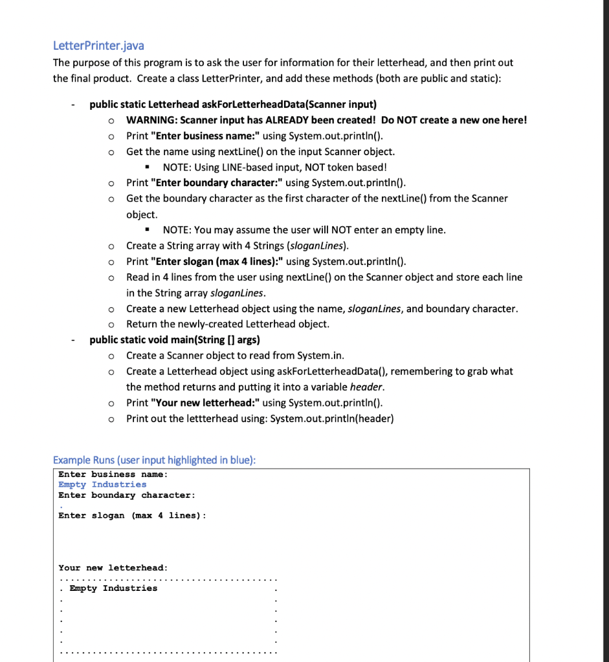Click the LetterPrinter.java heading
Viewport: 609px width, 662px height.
coord(98,46)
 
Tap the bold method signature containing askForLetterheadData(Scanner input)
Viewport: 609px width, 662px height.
coord(233,104)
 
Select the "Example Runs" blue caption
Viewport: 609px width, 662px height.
coord(154,460)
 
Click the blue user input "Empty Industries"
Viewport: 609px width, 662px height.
coord(102,484)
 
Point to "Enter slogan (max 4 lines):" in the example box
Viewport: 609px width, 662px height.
coord(133,515)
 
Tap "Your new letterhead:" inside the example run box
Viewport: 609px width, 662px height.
coord(113,568)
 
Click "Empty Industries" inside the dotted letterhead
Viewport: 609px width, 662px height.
coord(113,588)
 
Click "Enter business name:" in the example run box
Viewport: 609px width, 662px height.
coord(113,474)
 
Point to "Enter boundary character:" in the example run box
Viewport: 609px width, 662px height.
coord(127,495)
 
